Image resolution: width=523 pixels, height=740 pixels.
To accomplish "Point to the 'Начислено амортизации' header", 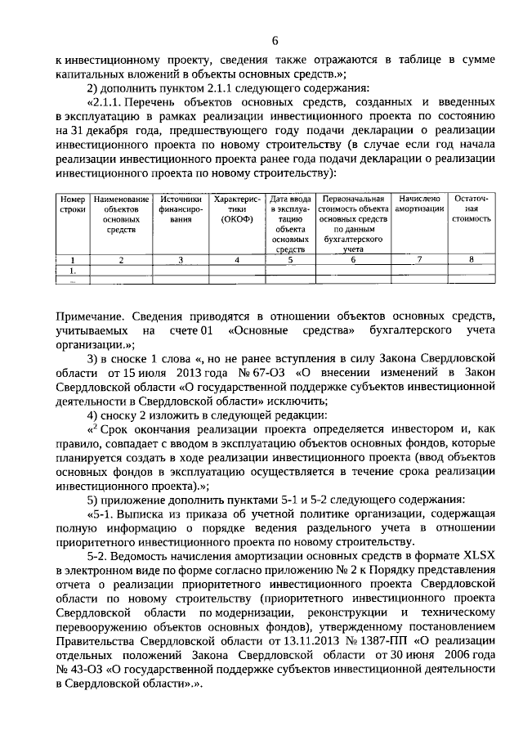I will (419, 204).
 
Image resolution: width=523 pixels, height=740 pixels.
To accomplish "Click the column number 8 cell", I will (472, 260).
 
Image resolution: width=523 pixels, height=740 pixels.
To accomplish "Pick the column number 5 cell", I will (290, 260).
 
